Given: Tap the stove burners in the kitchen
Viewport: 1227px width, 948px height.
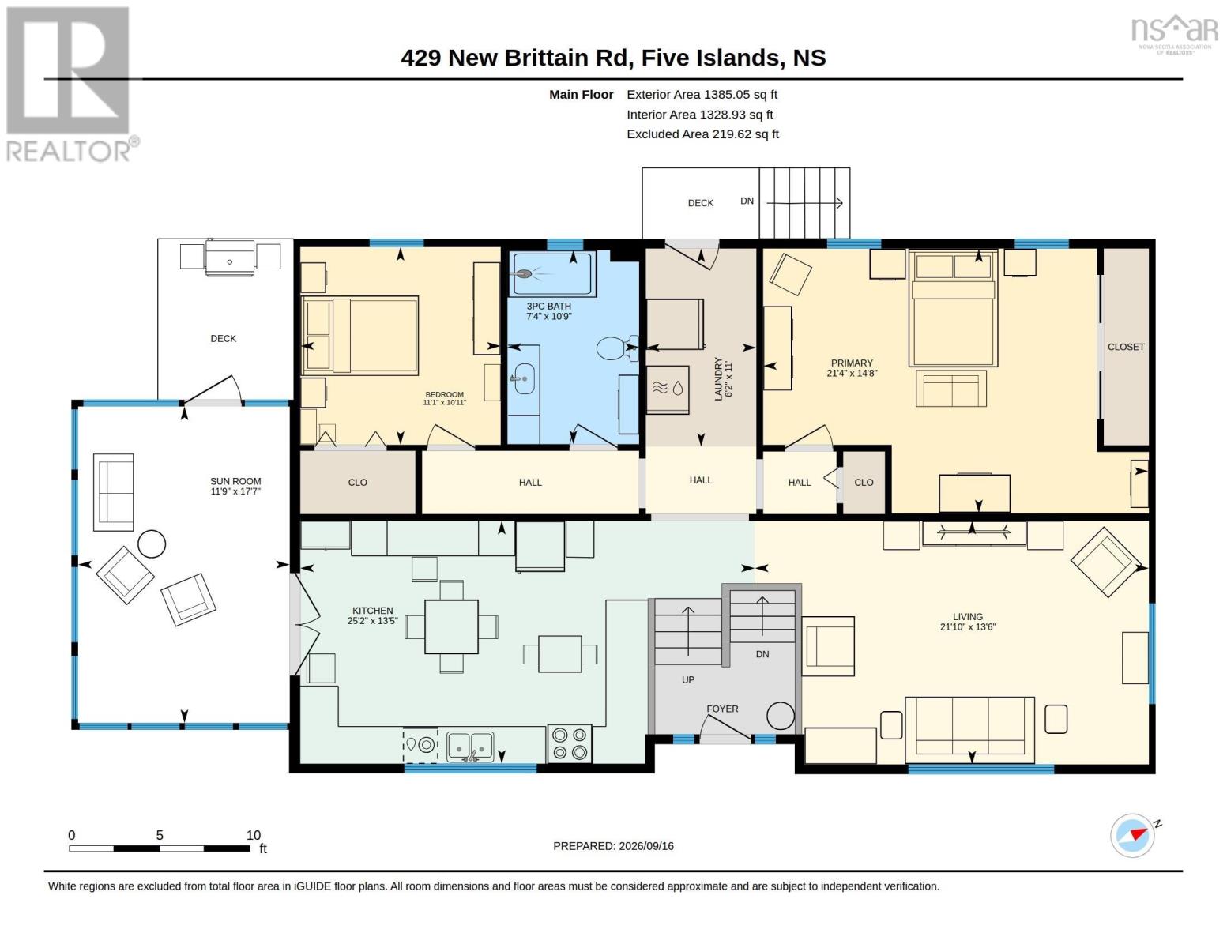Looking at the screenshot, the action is pyautogui.click(x=569, y=743).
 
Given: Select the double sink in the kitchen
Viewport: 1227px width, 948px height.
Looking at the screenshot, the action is pyautogui.click(x=470, y=747).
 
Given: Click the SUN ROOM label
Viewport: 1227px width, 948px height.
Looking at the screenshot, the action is pyautogui.click(x=235, y=481).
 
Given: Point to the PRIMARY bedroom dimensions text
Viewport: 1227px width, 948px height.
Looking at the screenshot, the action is pyautogui.click(x=852, y=373).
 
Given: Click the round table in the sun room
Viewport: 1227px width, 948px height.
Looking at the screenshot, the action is pyautogui.click(x=152, y=544).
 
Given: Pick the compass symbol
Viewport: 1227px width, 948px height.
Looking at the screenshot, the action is pyautogui.click(x=1132, y=836).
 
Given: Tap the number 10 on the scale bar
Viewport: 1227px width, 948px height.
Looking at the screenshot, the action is pyautogui.click(x=254, y=835).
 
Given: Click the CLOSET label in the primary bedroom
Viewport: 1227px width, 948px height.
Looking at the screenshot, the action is pyautogui.click(x=1125, y=348).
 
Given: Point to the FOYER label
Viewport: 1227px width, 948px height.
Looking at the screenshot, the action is pyautogui.click(x=722, y=709).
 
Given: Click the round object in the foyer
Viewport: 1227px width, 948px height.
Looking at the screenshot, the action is pyautogui.click(x=781, y=716).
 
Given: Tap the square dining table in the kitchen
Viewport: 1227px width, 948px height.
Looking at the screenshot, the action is pyautogui.click(x=451, y=626).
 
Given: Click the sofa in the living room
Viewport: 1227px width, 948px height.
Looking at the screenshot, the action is pyautogui.click(x=969, y=730).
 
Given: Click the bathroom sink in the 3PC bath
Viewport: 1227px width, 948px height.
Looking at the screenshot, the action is pyautogui.click(x=524, y=378).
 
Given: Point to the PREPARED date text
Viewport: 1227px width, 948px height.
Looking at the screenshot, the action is pyautogui.click(x=613, y=846).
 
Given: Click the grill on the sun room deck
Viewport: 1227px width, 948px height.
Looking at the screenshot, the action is pyautogui.click(x=230, y=258).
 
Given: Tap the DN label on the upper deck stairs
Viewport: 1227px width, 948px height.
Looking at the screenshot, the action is pyautogui.click(x=747, y=201).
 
